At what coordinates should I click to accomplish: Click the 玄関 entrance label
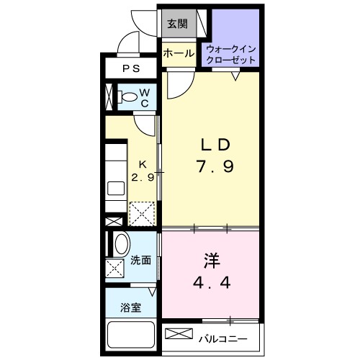pos(176,24)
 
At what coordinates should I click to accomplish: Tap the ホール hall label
pos(176,53)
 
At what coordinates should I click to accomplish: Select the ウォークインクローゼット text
pos(232,53)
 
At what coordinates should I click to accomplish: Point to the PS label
pos(130,69)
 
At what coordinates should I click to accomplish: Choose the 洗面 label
pos(140,261)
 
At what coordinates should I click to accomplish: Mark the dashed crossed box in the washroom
pos(115,269)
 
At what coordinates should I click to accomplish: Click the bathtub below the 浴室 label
pos(130,335)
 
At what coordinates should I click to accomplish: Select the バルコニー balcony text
pos(222,336)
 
